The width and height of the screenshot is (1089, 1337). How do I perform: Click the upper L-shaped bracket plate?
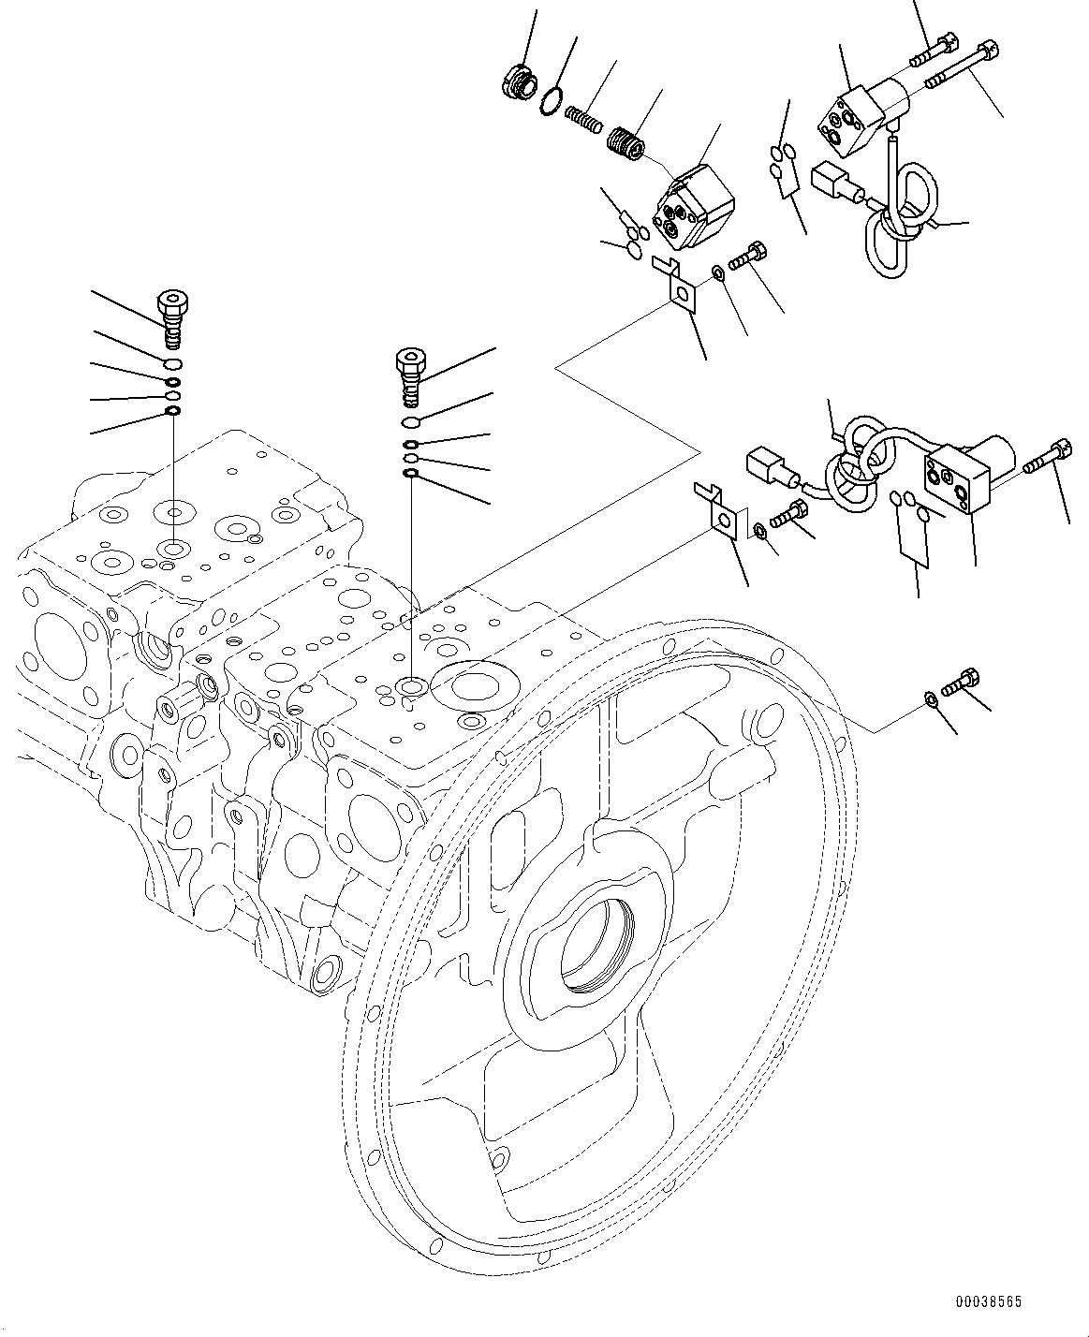(677, 286)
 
